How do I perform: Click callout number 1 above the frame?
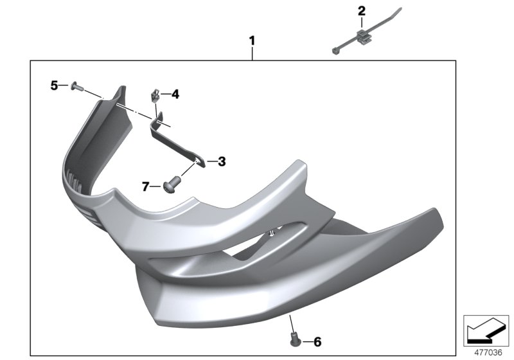click(x=252, y=41)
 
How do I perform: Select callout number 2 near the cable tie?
click(x=361, y=10)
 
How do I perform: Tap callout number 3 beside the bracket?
click(x=221, y=161)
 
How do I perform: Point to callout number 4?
click(x=175, y=94)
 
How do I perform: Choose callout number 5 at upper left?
click(x=55, y=85)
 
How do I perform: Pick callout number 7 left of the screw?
click(x=146, y=186)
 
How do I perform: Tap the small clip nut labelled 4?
click(x=155, y=96)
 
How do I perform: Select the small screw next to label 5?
click(x=75, y=85)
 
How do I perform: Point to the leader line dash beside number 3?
click(x=210, y=161)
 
